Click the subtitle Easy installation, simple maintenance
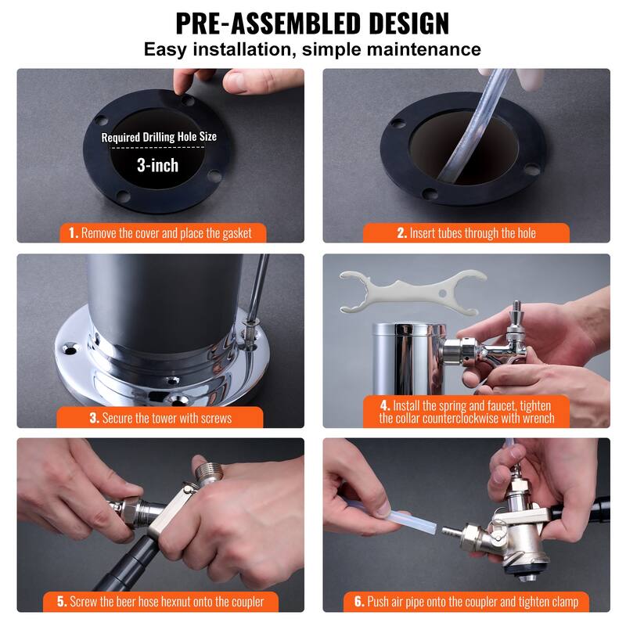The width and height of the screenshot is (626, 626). (312, 49)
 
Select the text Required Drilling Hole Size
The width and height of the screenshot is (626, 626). (159, 137)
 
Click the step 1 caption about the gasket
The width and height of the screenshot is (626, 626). (160, 233)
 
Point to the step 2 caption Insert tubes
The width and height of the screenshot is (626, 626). (466, 233)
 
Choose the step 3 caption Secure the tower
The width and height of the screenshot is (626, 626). (160, 418)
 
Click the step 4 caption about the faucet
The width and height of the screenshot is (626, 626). (466, 412)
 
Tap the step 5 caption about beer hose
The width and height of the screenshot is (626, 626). (160, 602)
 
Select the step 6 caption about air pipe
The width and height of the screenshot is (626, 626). (466, 602)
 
